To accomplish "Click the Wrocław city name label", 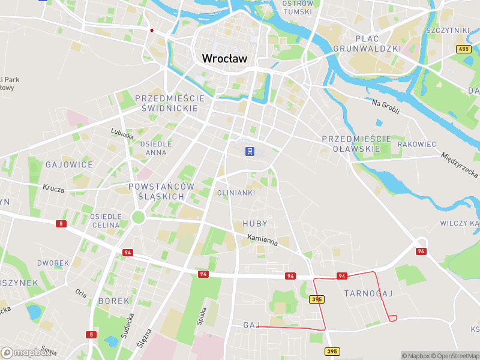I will tap(225, 58).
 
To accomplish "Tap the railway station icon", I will tap(249, 151).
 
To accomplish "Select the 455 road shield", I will tap(463, 49).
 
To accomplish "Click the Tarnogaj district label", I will tap(368, 293).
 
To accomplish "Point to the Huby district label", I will tap(255, 223).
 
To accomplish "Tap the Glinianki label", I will tap(236, 193).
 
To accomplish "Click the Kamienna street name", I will tap(262, 241).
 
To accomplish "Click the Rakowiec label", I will tap(416, 145).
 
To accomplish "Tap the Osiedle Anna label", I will tap(156, 148).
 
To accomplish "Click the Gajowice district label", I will tap(70, 164).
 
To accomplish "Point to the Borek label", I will tap(113, 300).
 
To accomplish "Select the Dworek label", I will tap(53, 263).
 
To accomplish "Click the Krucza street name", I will tap(53, 188).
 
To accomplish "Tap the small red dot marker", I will tap(152, 30).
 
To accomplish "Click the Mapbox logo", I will tap(26, 352).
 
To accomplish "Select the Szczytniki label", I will tap(447, 30).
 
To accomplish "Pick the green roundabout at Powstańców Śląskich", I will tap(139, 216).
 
